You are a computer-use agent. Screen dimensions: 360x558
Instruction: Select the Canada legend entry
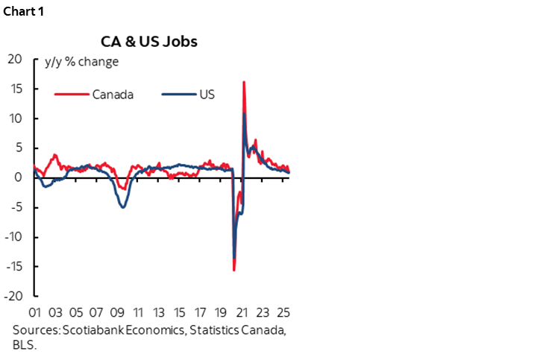coord(113,95)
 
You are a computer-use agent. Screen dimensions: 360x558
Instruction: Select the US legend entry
coord(207,95)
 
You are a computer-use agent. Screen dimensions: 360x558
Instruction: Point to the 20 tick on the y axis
coord(14,60)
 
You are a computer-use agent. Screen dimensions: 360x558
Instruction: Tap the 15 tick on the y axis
coord(15,89)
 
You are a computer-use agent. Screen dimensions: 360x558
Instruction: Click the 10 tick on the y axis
coord(15,119)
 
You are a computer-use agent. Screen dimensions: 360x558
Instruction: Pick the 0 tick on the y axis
coord(19,177)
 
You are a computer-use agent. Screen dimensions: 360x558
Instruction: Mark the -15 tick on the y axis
coord(13,266)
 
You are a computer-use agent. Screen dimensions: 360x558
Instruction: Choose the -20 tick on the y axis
coord(13,296)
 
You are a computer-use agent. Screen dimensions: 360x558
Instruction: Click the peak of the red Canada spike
coord(244,82)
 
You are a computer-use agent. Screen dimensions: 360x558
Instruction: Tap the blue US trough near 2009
coord(122,206)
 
